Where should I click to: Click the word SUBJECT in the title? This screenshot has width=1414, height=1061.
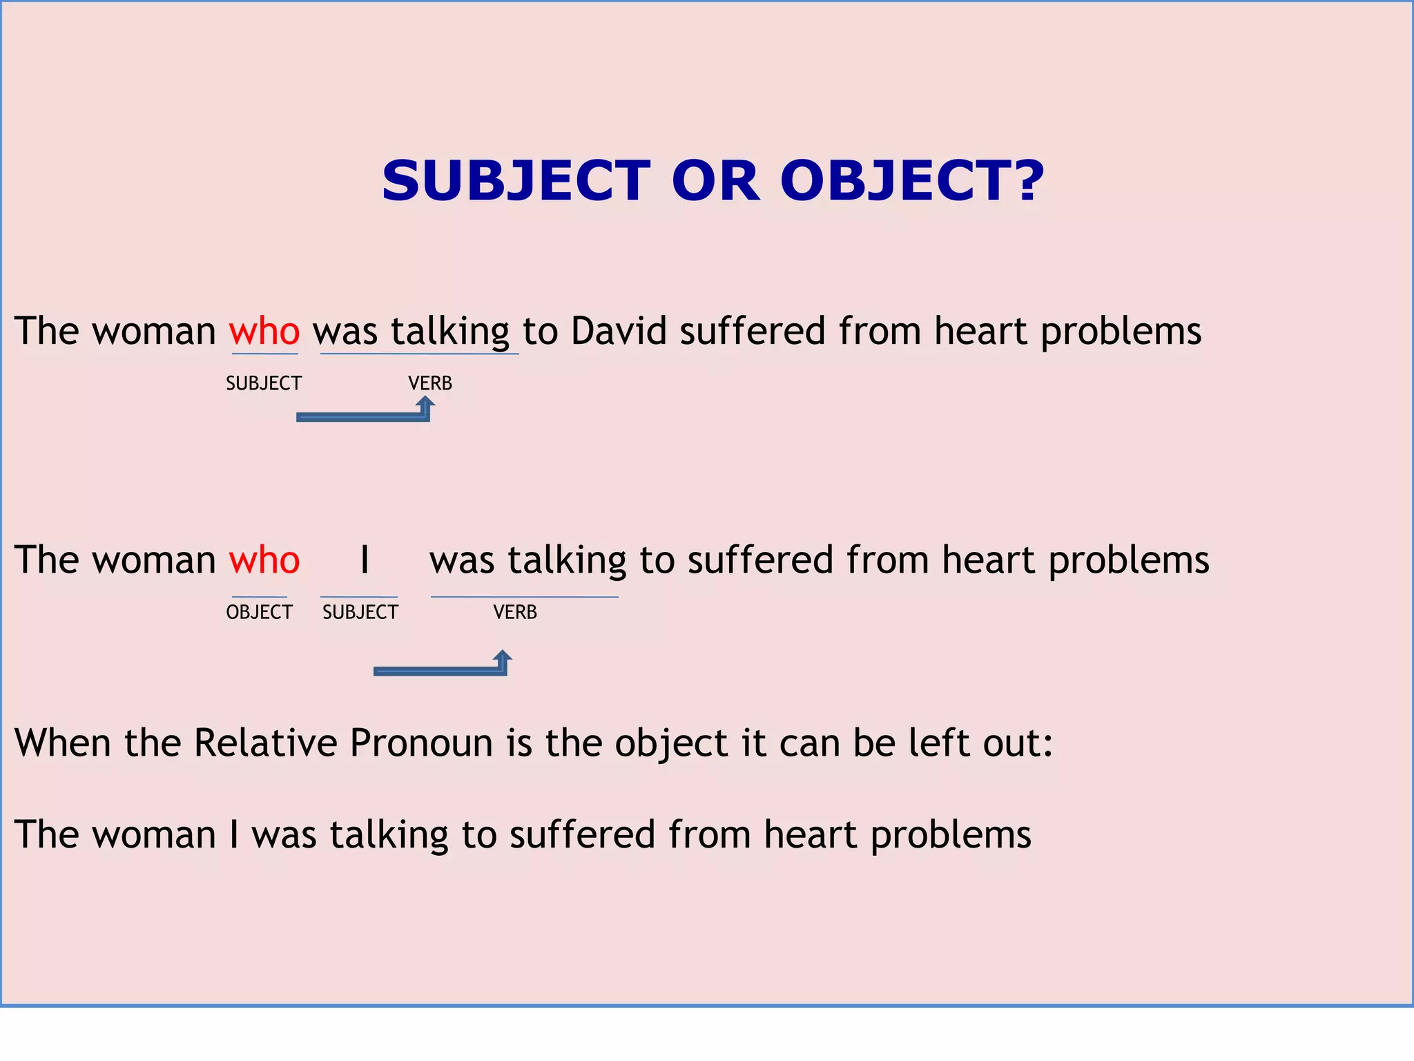tap(516, 181)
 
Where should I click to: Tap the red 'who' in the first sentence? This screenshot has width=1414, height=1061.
tap(264, 331)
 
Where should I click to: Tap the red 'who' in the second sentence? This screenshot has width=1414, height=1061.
tap(264, 560)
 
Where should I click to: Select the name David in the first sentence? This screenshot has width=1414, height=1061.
tap(619, 331)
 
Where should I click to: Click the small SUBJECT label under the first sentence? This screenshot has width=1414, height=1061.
tap(264, 383)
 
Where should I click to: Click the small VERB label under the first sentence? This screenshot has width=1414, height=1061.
tap(430, 383)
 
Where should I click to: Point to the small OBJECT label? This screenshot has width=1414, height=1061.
tap(259, 612)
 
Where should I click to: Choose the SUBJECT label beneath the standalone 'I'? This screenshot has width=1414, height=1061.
tap(360, 612)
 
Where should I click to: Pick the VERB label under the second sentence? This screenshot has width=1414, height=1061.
tap(515, 612)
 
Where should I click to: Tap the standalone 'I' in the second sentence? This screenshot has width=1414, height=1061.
tap(365, 560)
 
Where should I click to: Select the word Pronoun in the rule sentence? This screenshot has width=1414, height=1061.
tap(421, 743)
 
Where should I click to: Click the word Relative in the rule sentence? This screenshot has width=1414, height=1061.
tap(265, 743)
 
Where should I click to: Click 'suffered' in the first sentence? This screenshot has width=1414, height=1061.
tap(753, 331)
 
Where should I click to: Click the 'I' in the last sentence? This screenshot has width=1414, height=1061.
tap(235, 834)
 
